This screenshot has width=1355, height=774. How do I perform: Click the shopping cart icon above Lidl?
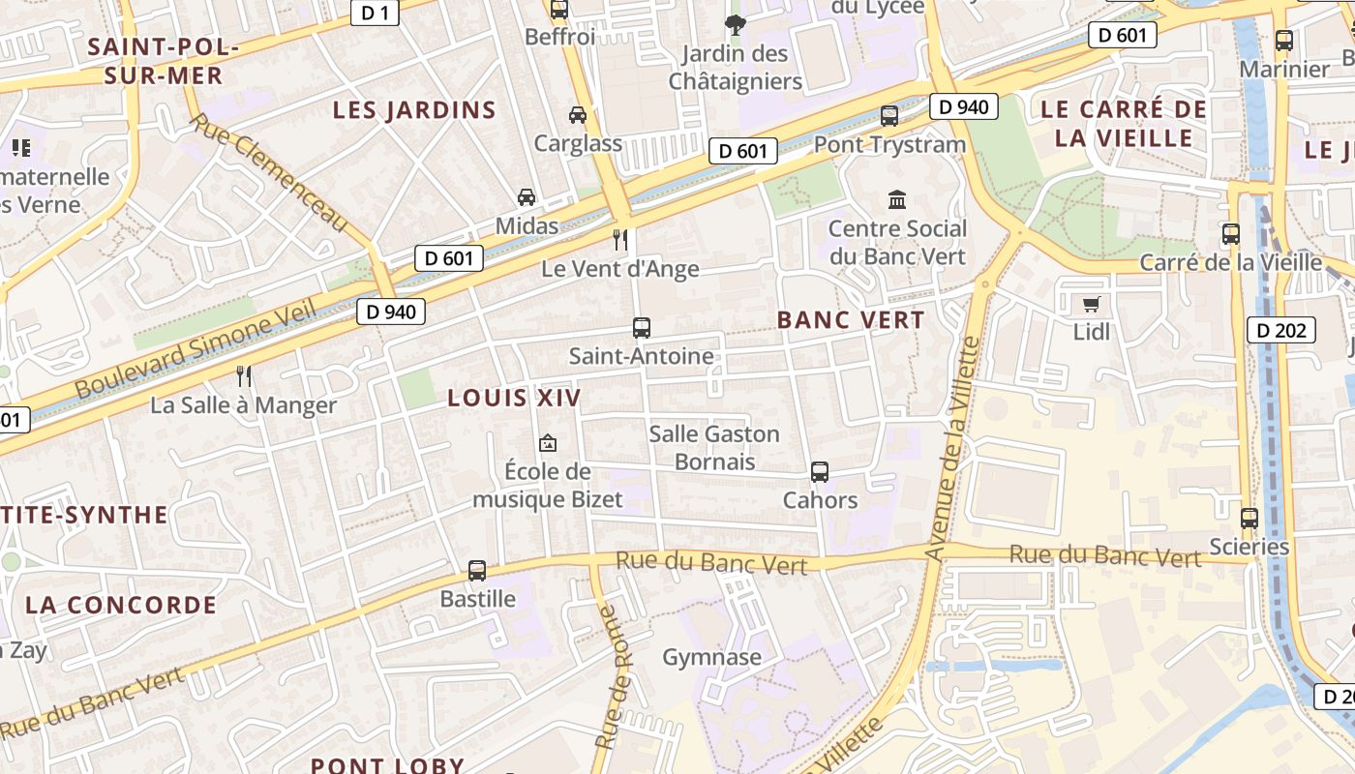(1092, 305)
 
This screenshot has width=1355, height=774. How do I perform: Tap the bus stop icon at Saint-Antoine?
(641, 328)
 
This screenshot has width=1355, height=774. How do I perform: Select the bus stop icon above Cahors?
(820, 472)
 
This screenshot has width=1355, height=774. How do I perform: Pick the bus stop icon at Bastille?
(477, 571)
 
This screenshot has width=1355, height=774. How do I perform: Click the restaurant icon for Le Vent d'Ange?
(620, 239)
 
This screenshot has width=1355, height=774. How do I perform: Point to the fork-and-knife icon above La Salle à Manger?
(244, 375)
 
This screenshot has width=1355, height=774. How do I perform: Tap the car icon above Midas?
(527, 197)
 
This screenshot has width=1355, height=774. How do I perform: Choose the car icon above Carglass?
(578, 115)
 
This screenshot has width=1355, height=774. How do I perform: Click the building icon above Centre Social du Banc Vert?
(897, 200)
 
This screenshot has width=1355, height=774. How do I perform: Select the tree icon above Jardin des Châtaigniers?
(736, 24)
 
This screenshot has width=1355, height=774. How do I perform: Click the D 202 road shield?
(1281, 331)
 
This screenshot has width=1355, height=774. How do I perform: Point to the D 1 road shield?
(375, 13)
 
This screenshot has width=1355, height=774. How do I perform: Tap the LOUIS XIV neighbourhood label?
(514, 398)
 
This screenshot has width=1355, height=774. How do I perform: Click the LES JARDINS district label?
(414, 110)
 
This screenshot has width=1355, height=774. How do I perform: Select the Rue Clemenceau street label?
(268, 172)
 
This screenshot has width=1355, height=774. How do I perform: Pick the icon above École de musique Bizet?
(548, 444)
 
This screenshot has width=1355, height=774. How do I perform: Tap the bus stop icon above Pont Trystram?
(889, 116)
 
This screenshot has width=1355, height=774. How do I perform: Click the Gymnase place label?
(711, 658)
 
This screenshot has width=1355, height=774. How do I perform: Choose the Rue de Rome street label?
(613, 677)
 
